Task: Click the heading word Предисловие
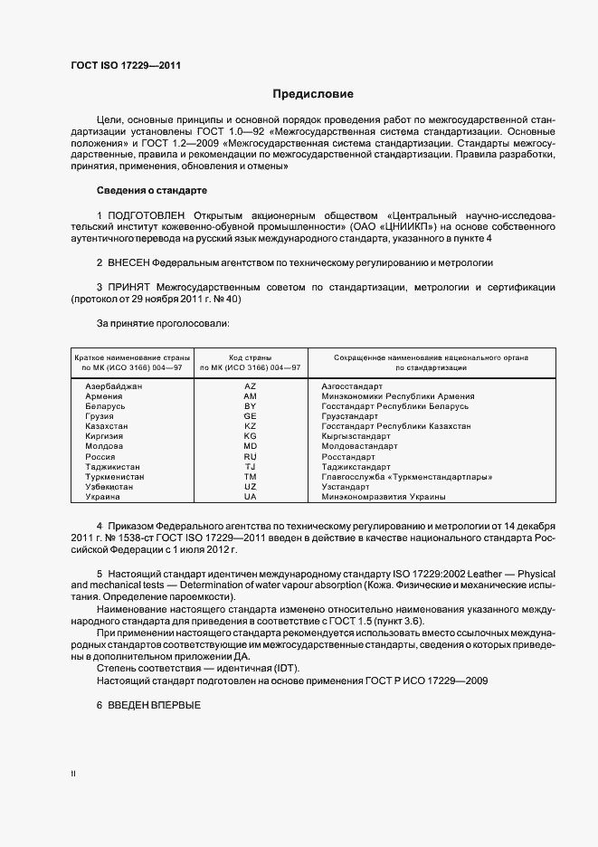pyautogui.click(x=313, y=94)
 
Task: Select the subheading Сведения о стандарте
pyautogui.click(x=151, y=191)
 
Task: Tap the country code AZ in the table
pyautogui.click(x=251, y=386)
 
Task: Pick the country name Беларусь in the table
pyautogui.click(x=105, y=406)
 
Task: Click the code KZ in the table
pyautogui.click(x=251, y=426)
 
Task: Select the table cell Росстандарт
pyautogui.click(x=347, y=456)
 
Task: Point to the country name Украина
pyautogui.click(x=101, y=496)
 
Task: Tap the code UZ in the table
pyautogui.click(x=251, y=486)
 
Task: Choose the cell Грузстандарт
pyautogui.click(x=349, y=416)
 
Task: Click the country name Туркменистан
pyautogui.click(x=115, y=476)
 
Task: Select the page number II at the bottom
pyautogui.click(x=73, y=773)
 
